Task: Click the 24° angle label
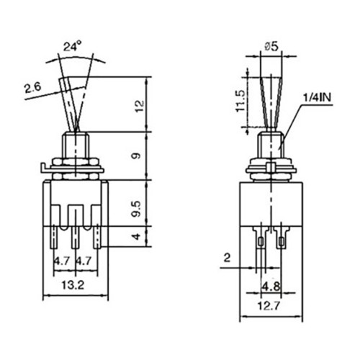pos(72,46)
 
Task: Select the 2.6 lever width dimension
pos(33,88)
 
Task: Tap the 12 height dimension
pos(140,106)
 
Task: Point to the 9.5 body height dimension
pos(138,210)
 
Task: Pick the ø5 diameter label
pos(271,46)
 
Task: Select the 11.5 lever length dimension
pos(240,101)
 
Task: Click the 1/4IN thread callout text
pos(317,98)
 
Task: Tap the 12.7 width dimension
pos(269,305)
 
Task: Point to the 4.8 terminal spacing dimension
pos(271,287)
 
